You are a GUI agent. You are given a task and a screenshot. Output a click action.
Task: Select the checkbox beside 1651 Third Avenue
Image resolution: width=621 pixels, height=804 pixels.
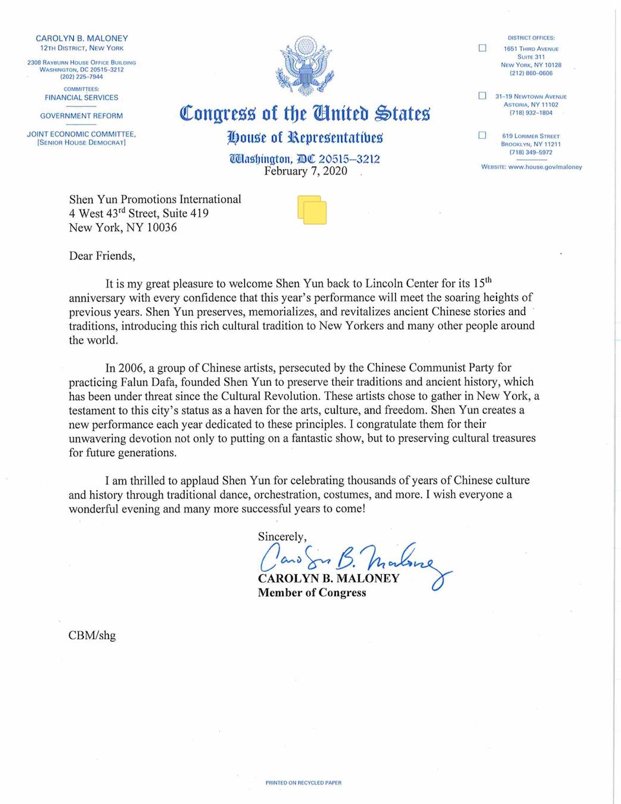[482, 48]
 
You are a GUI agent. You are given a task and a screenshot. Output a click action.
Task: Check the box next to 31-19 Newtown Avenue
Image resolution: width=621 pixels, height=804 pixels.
[482, 96]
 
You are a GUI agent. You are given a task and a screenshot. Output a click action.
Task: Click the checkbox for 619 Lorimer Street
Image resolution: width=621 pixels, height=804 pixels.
[482, 136]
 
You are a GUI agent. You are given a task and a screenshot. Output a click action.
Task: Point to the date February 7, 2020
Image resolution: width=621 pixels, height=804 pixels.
[305, 172]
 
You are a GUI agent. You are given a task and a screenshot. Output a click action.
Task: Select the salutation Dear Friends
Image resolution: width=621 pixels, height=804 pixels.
[102, 256]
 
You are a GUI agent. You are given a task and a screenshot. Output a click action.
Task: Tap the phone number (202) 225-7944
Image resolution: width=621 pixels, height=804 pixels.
[82, 77]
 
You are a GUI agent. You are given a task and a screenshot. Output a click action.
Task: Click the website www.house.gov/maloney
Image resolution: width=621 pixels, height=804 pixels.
[545, 167]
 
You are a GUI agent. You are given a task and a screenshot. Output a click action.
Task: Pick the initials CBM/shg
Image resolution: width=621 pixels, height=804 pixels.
[92, 635]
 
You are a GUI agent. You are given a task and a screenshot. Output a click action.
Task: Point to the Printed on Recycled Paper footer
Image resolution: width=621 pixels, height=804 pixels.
[304, 783]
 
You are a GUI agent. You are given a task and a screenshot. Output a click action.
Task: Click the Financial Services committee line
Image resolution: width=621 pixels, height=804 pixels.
[82, 98]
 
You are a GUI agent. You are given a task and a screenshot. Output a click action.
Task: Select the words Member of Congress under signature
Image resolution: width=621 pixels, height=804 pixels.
[312, 593]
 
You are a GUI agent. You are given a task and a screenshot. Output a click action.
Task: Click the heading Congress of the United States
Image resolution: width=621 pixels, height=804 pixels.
[305, 113]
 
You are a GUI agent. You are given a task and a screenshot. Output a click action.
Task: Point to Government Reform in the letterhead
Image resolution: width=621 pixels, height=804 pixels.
[82, 116]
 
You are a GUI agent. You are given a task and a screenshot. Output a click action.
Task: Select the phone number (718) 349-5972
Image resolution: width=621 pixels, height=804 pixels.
[531, 152]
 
